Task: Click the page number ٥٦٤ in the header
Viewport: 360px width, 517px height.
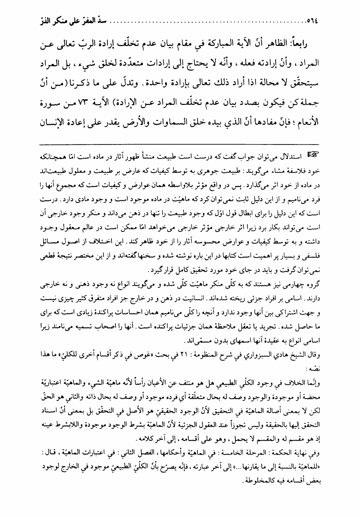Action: point(20,20)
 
